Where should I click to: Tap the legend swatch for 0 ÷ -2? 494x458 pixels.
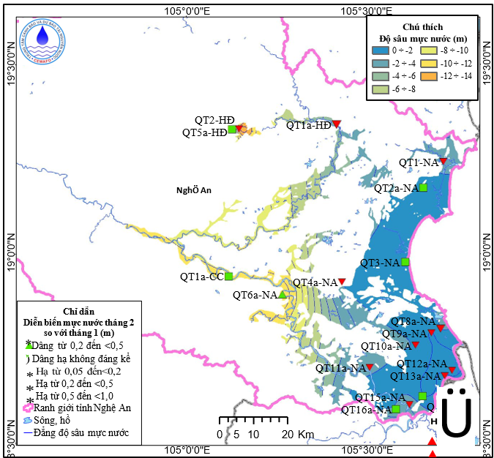click(x=381, y=50)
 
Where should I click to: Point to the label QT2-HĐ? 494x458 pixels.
click(x=214, y=120)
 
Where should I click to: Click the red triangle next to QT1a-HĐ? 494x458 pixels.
click(x=337, y=124)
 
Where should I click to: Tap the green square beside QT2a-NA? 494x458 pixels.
click(x=423, y=188)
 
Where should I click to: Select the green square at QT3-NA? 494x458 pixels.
click(x=405, y=262)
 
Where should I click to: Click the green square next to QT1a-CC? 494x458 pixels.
click(x=229, y=277)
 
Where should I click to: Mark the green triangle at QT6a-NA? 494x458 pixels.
click(x=282, y=295)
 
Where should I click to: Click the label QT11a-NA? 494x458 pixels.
click(x=340, y=369)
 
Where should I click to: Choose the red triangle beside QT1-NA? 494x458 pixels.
click(x=443, y=162)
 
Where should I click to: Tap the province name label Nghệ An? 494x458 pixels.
click(x=194, y=190)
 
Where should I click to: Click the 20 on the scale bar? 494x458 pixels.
click(x=288, y=435)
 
